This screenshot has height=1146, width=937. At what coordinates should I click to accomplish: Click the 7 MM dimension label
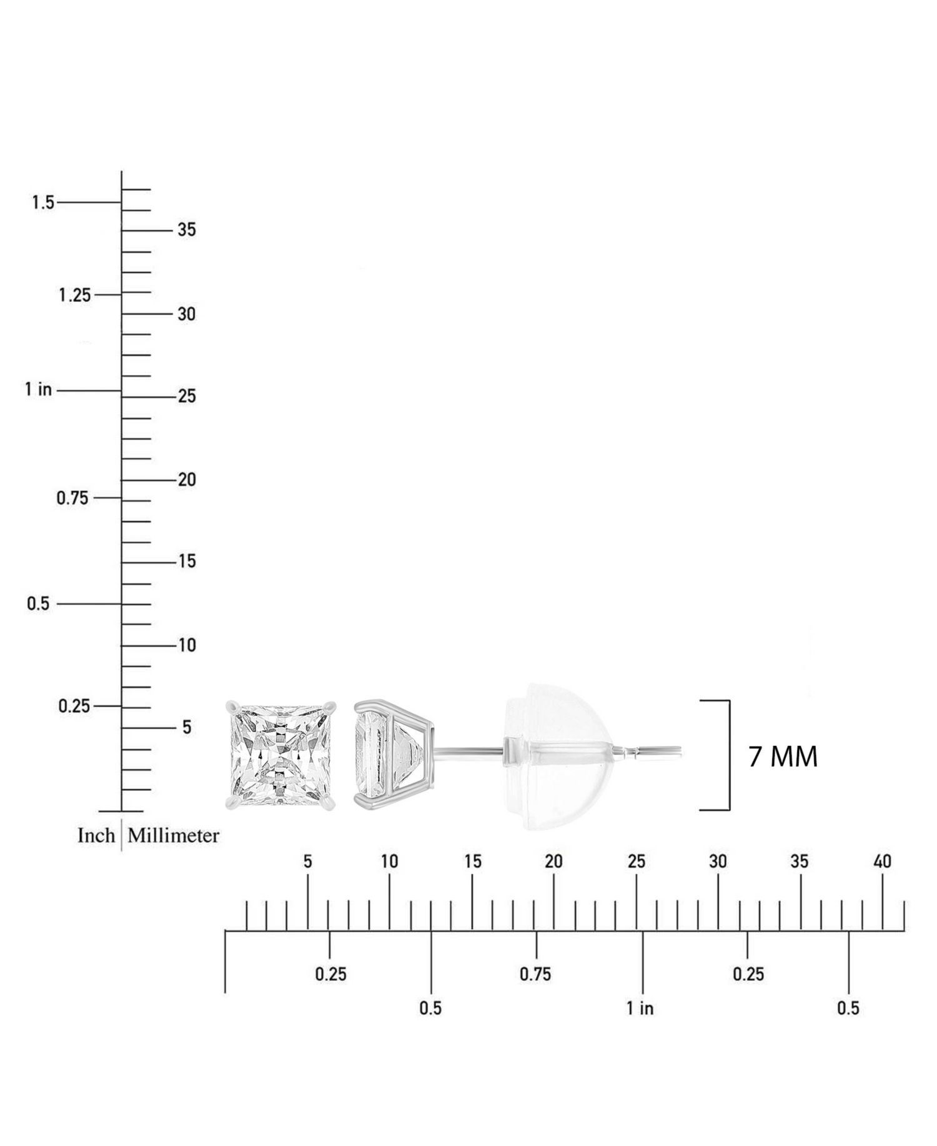pyautogui.click(x=783, y=757)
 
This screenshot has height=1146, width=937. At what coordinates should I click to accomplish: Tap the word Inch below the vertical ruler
pyautogui.click(x=96, y=835)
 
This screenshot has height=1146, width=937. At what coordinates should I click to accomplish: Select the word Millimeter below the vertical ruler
pyautogui.click(x=174, y=835)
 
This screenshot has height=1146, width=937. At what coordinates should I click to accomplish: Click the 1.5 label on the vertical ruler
pyautogui.click(x=44, y=203)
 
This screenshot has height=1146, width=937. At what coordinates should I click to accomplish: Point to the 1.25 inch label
pyautogui.click(x=75, y=295)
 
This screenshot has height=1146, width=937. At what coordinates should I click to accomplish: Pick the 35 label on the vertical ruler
pyautogui.click(x=187, y=230)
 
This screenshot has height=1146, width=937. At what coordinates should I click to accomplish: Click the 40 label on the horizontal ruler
pyautogui.click(x=882, y=862)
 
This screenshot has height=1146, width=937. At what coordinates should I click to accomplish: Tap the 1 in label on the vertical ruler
pyautogui.click(x=39, y=390)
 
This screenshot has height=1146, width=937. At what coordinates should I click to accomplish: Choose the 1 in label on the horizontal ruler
pyautogui.click(x=640, y=1008)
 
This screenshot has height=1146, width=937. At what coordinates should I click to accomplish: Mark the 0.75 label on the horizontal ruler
pyautogui.click(x=535, y=974)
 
